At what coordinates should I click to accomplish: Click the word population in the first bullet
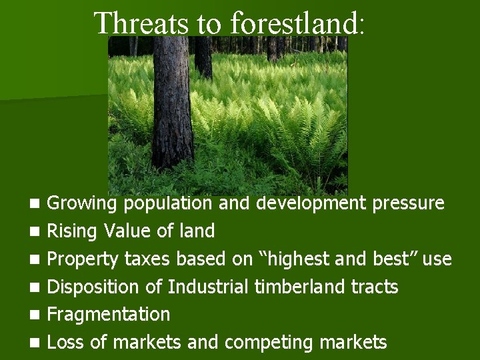pos(169,203)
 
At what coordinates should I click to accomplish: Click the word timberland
pos(298,287)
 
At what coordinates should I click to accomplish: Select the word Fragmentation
pos(109,314)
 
